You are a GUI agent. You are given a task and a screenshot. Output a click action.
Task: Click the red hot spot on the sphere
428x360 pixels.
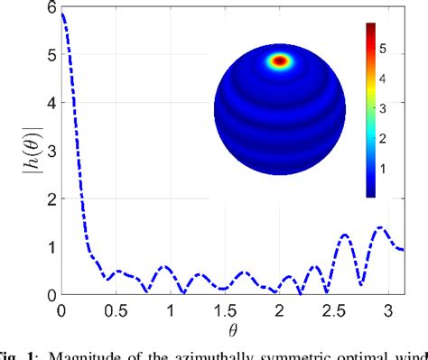[281, 61]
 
